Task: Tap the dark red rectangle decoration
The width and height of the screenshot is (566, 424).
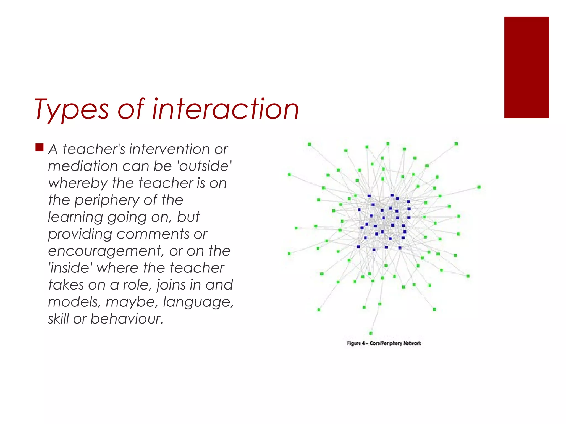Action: pyautogui.click(x=526, y=67)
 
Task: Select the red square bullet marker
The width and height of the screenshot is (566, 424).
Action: pyautogui.click(x=40, y=147)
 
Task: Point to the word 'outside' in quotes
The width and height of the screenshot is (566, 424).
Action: pyautogui.click(x=205, y=166)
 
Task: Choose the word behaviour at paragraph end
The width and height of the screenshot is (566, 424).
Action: pyautogui.click(x=127, y=319)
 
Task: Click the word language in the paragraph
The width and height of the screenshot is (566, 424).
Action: pyautogui.click(x=198, y=302)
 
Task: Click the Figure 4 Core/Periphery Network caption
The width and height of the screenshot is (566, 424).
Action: pyautogui.click(x=384, y=343)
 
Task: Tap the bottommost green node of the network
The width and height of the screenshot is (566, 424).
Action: pyautogui.click(x=371, y=333)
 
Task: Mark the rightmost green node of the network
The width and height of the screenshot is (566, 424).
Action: pyautogui.click(x=479, y=187)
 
